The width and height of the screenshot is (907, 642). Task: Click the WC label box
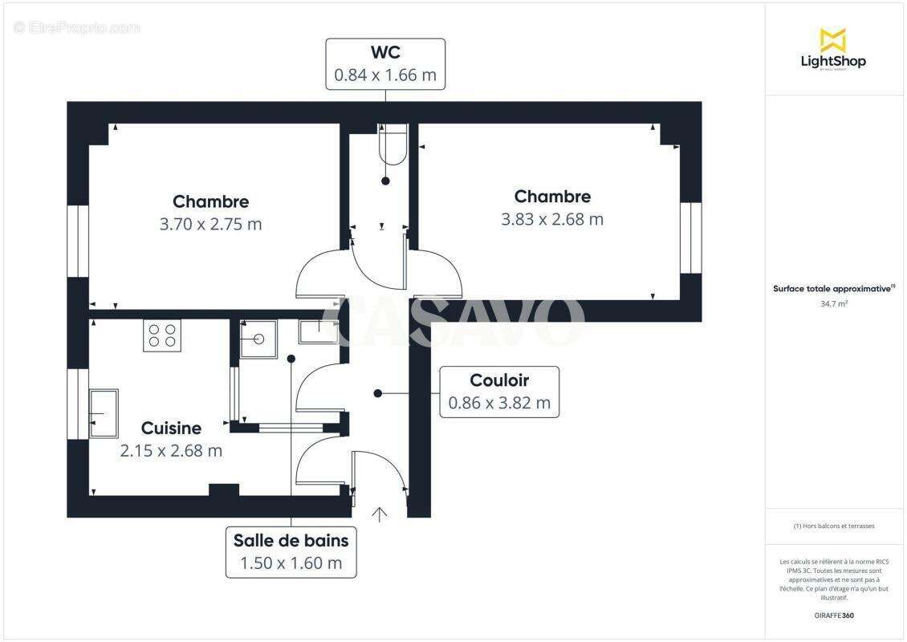(385, 63)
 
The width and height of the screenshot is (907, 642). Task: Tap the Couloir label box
(499, 392)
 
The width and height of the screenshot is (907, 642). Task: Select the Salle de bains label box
(291, 552)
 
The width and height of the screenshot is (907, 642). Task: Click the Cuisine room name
(171, 429)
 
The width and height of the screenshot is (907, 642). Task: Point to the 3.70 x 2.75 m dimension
(210, 225)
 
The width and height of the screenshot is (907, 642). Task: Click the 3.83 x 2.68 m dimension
(552, 219)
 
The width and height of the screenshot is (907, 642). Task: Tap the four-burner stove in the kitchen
(162, 335)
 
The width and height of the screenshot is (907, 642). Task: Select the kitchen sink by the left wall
(104, 413)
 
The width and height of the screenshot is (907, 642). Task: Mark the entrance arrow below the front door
(379, 514)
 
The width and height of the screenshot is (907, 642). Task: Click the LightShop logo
(833, 49)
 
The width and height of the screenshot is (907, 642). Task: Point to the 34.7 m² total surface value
(833, 304)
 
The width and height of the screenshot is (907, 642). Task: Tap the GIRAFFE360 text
(833, 616)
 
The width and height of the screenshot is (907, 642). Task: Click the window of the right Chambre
(690, 238)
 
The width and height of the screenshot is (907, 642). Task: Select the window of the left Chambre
(78, 242)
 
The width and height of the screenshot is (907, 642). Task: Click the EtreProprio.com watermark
(77, 27)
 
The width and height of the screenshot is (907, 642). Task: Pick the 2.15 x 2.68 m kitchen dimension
(171, 451)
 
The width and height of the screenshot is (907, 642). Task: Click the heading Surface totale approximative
(833, 288)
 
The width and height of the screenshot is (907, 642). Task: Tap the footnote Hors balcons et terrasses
(833, 526)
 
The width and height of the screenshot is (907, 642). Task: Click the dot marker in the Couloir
(378, 393)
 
